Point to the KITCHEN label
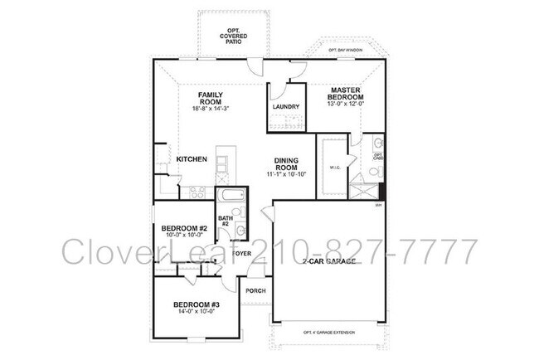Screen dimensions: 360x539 tap(191, 159)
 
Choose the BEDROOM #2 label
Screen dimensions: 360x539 tap(184, 229)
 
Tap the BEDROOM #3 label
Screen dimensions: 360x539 tap(191, 305)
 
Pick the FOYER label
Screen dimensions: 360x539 tap(241, 253)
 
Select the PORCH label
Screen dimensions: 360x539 tap(254, 290)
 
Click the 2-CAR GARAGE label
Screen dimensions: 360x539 tap(329, 261)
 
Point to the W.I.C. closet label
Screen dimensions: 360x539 tap(336, 168)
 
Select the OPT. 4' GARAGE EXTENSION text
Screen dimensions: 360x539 tap(328, 333)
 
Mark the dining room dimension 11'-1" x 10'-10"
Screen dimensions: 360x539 tap(287, 175)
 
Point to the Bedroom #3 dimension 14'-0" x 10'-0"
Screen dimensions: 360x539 tap(191, 314)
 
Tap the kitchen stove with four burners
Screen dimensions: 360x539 tap(198, 192)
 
